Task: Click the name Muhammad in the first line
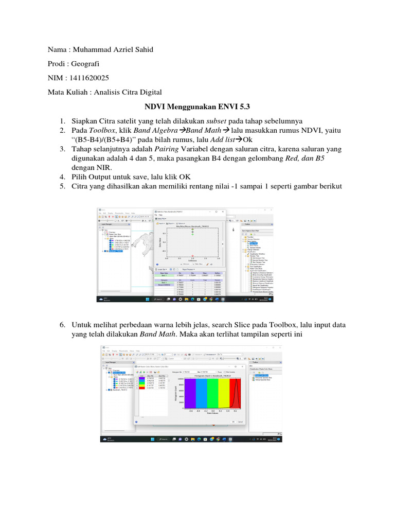(92, 49)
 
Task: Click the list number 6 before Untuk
(62, 325)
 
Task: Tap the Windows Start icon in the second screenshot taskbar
(152, 439)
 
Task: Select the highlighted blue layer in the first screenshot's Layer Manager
(113, 251)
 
